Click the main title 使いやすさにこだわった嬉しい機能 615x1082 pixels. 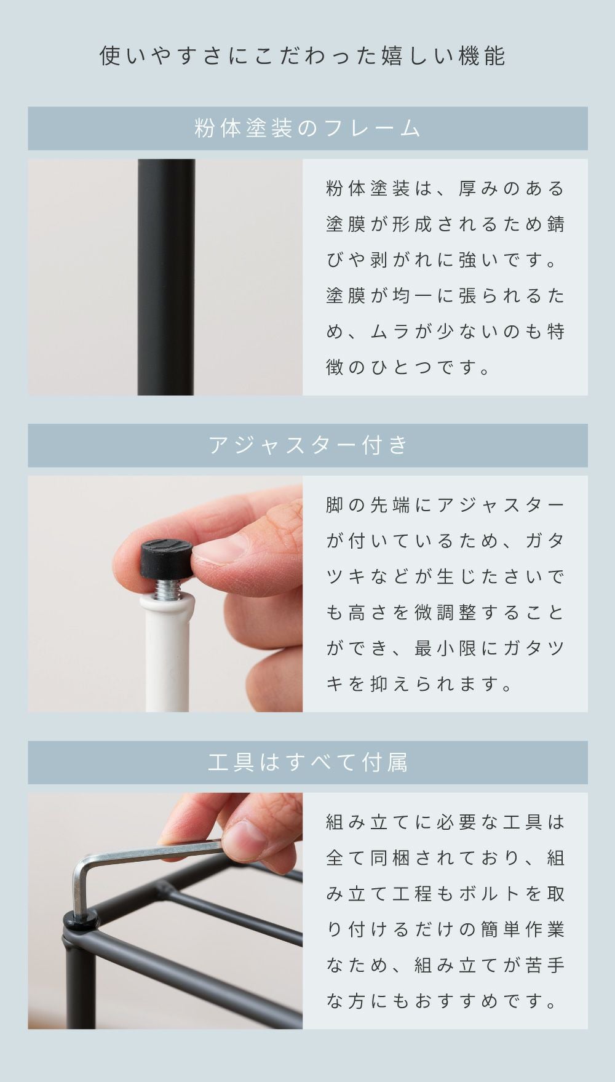[303, 56]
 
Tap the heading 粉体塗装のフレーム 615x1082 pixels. [307, 129]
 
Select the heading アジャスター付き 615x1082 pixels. [307, 445]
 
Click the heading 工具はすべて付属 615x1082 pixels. [307, 763]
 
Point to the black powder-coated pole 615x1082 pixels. [166, 277]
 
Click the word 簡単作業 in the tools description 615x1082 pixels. [523, 929]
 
